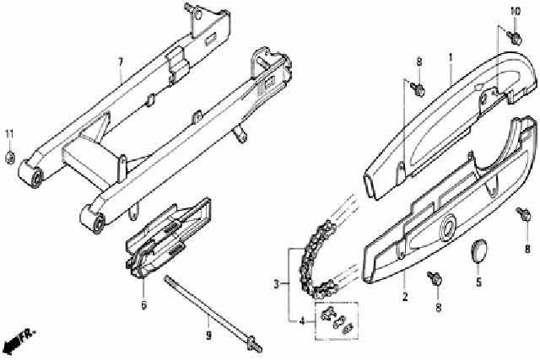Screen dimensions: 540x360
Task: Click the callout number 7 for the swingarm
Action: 120,62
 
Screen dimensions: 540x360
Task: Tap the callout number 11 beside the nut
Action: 9,134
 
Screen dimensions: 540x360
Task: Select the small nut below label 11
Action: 10,158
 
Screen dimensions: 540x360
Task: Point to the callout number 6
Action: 143,304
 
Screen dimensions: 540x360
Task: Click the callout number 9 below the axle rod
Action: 208,335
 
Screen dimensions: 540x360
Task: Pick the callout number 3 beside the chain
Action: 276,284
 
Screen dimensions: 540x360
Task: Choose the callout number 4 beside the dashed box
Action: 302,322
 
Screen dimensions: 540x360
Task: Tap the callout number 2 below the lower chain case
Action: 405,296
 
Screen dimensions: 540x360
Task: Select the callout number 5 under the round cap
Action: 478,282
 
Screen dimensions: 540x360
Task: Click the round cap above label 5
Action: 479,251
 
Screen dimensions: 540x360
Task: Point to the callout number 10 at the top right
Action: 516,12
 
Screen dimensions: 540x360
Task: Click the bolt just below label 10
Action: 515,37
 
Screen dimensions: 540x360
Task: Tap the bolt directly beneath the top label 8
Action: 418,89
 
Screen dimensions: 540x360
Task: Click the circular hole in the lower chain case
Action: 448,229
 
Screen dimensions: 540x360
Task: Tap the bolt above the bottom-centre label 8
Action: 435,278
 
